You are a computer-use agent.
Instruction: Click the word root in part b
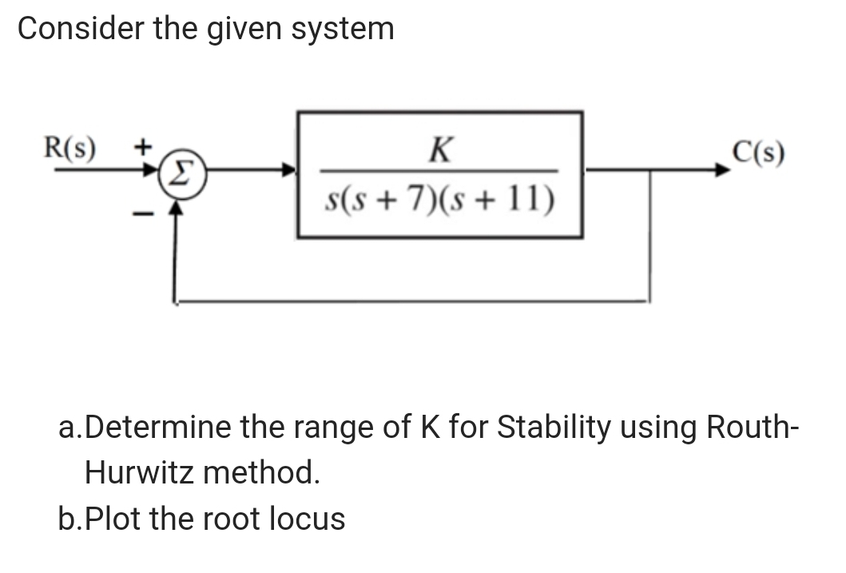(x=236, y=519)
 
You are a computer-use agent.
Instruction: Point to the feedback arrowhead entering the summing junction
(x=177, y=209)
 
